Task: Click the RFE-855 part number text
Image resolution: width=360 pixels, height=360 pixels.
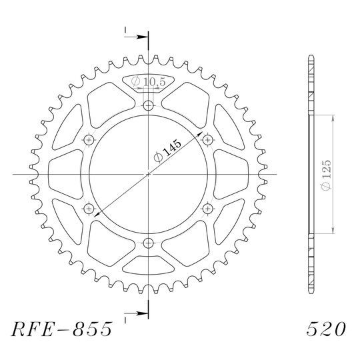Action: (62, 329)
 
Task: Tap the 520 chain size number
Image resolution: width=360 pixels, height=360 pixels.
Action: (326, 329)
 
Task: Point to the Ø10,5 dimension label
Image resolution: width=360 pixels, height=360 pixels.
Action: (148, 81)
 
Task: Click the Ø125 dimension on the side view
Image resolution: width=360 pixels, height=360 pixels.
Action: (326, 175)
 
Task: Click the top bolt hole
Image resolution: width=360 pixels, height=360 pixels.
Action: (148, 106)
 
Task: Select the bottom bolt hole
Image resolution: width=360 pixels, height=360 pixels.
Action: (148, 243)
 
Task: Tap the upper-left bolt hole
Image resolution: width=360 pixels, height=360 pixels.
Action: (89, 140)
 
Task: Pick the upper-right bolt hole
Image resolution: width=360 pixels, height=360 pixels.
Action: (208, 140)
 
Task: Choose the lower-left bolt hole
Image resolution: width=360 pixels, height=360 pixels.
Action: (89, 209)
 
